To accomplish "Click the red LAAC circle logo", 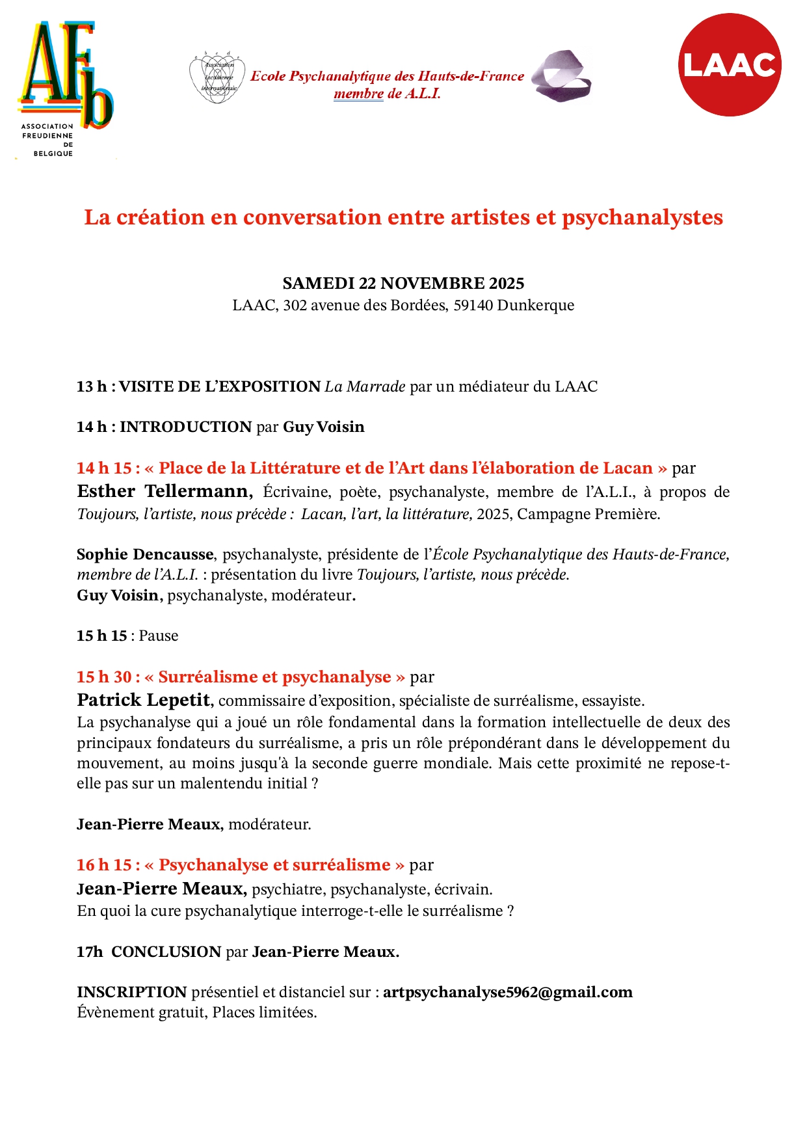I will [x=729, y=65].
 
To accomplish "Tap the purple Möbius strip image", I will [x=561, y=77].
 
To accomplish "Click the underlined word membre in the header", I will [x=358, y=94].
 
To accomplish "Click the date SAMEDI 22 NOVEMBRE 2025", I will [x=403, y=284].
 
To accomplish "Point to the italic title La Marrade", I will [x=365, y=386].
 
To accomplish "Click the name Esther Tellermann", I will [x=165, y=491].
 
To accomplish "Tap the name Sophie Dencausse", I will [x=145, y=554].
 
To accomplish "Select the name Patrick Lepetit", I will [x=144, y=700].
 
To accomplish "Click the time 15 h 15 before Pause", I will [x=101, y=636].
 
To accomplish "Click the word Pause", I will [x=159, y=636].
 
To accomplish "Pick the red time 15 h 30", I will [x=104, y=677].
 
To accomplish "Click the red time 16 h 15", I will [x=104, y=865].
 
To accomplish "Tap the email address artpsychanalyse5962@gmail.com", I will [x=507, y=992].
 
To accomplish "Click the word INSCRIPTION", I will [x=132, y=992].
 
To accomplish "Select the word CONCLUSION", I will [x=166, y=952].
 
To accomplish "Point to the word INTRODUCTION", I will [x=185, y=427].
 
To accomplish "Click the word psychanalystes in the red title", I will [x=642, y=217].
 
